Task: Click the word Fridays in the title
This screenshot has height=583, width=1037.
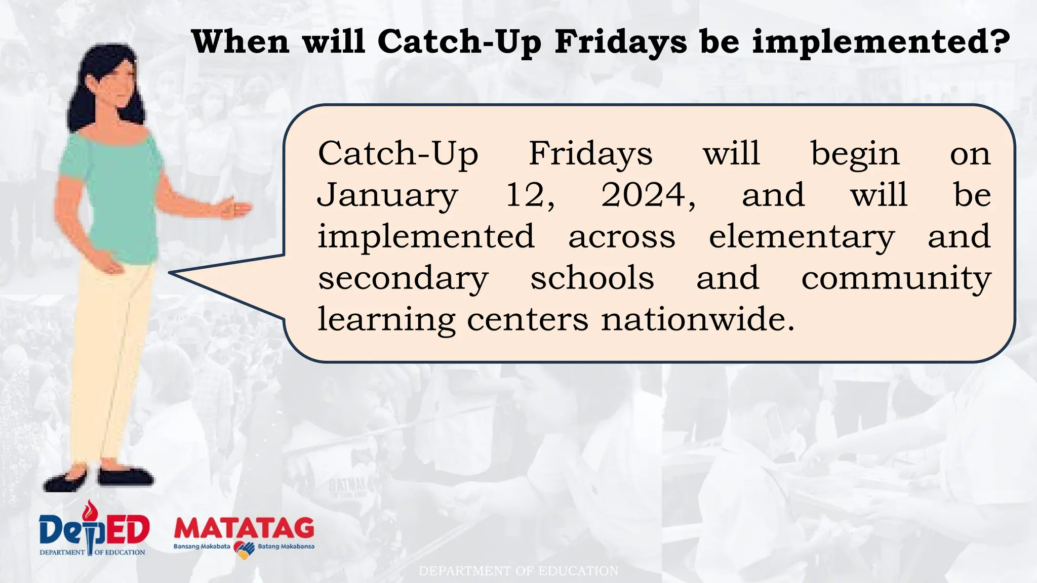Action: (621, 41)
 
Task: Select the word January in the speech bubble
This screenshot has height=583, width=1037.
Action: (387, 196)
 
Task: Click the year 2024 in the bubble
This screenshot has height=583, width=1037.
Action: (648, 196)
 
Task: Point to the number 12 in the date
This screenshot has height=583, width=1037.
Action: (530, 196)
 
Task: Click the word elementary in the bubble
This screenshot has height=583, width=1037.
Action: (802, 237)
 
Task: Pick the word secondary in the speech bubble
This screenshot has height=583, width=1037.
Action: (403, 279)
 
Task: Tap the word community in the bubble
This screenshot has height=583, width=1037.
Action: (896, 279)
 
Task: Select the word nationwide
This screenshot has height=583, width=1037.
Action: (698, 320)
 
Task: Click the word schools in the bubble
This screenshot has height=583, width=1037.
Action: (592, 278)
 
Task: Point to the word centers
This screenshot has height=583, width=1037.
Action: (527, 320)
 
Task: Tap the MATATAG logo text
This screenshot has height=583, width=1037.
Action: (244, 528)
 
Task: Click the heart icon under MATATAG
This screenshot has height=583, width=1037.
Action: (244, 549)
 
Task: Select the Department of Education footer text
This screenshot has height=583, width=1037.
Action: (518, 571)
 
